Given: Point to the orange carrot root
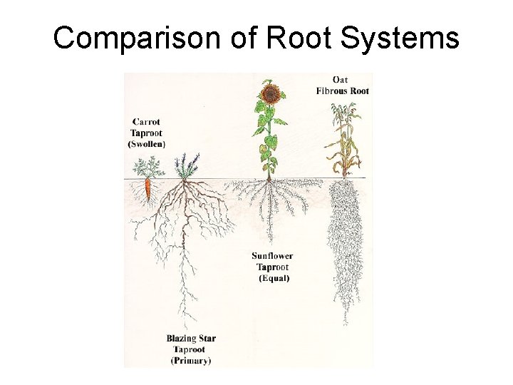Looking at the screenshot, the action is [x=147, y=190].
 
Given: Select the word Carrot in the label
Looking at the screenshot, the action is [x=145, y=121].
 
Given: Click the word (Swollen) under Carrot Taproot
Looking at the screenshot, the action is [x=146, y=143].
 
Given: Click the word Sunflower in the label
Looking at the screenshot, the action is [x=272, y=256].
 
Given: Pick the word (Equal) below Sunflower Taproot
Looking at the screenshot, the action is [x=274, y=278].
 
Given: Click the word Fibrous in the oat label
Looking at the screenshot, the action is [x=332, y=91].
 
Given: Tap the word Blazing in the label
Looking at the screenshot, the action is [x=182, y=339].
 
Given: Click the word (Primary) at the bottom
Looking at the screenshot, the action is [x=191, y=361].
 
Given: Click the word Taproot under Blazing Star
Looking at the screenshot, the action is [x=189, y=349].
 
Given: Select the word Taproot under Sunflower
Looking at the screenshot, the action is [x=273, y=267].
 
